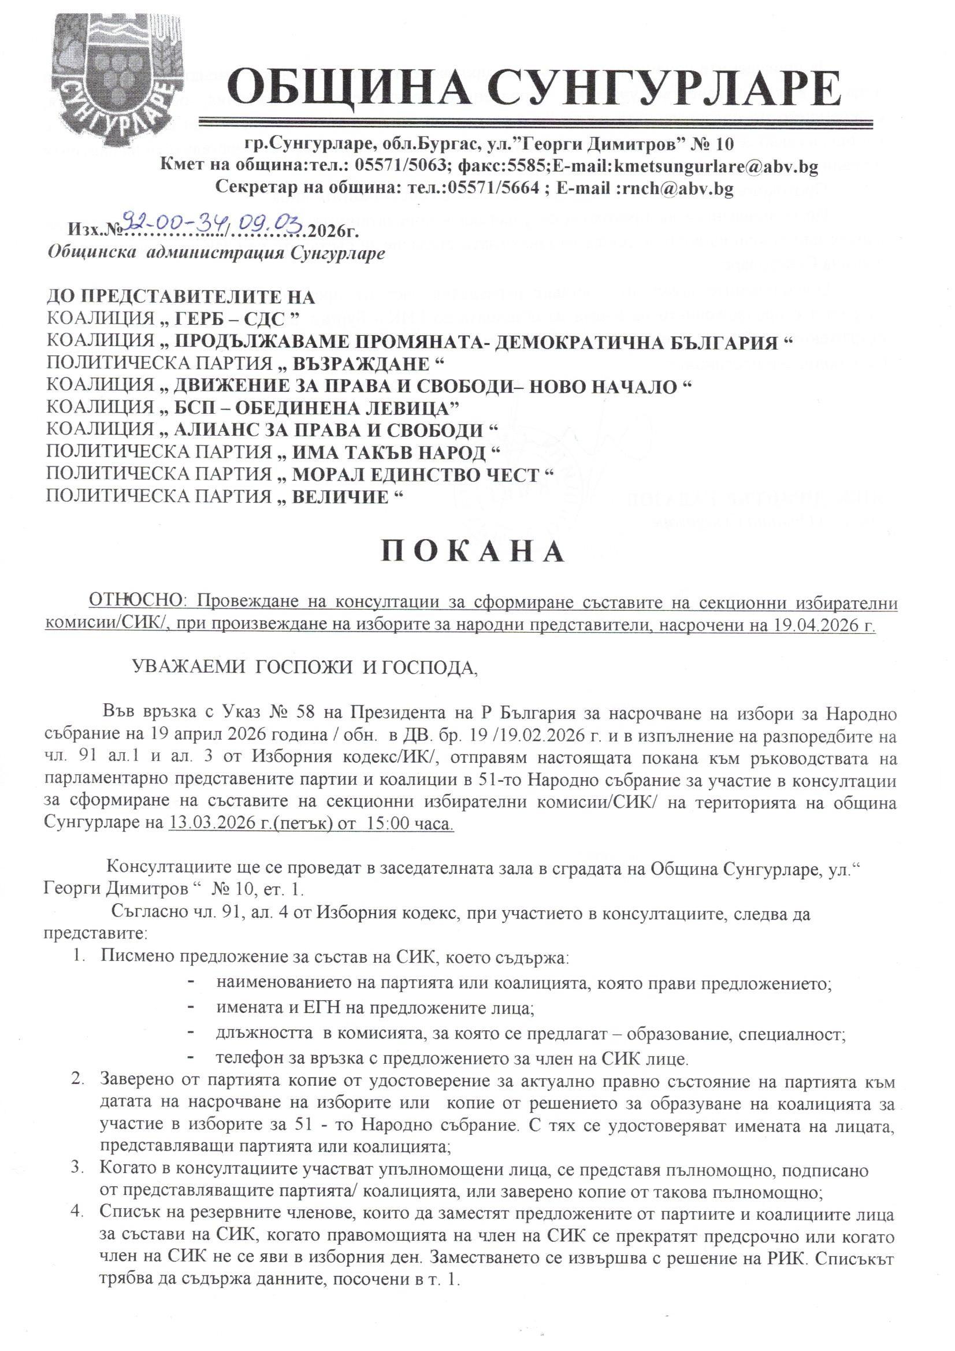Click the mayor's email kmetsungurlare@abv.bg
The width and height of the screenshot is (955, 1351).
(x=716, y=167)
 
